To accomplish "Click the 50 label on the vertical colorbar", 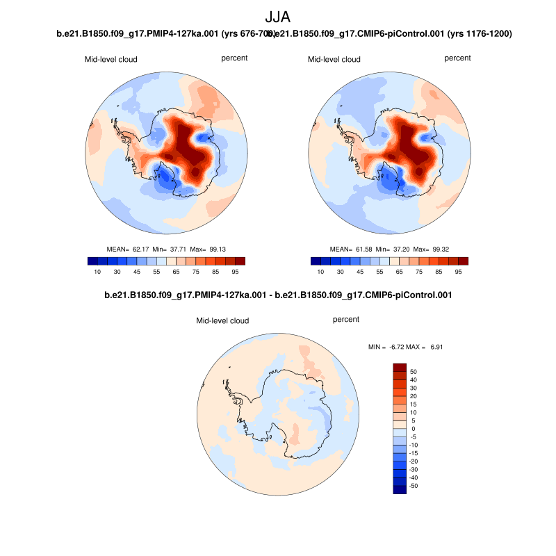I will (413, 371).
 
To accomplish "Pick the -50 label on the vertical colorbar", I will (414, 486).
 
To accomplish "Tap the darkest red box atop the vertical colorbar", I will (399, 367).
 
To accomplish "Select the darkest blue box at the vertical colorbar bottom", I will (399, 490).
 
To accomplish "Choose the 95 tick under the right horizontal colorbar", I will (458, 272).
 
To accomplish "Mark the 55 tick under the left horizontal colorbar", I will (158, 272).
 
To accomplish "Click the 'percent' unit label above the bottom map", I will (346, 320).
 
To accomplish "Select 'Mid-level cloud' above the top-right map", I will (334, 59).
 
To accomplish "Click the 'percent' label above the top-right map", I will (457, 58).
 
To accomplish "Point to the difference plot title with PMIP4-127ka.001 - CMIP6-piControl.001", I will (278, 295).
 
